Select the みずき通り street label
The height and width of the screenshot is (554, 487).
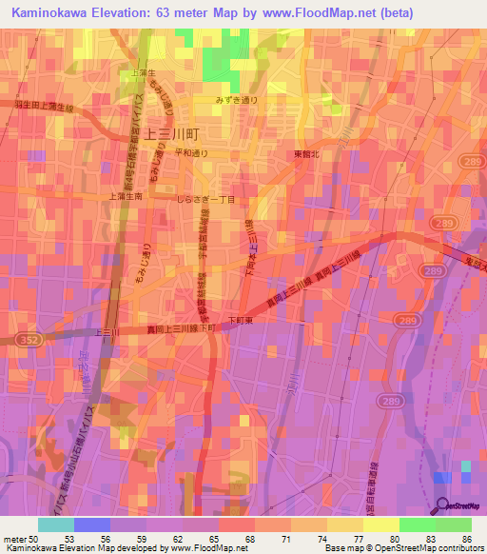237,98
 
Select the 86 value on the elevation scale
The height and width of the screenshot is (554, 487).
465,538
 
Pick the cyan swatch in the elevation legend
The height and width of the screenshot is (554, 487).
55,524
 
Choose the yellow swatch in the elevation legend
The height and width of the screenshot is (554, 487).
380,524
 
